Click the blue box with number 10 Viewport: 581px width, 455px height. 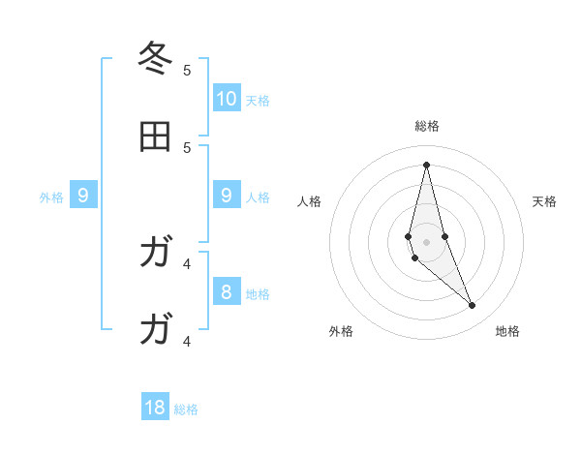tap(227, 99)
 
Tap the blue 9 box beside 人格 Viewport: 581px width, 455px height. tap(227, 196)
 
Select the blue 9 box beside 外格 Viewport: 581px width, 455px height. tap(83, 196)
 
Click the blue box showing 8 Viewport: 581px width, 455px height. tap(227, 292)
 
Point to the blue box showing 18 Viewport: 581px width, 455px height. tap(155, 408)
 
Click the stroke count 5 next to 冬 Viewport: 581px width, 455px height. tap(187, 70)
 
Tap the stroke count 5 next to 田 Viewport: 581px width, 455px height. tap(187, 147)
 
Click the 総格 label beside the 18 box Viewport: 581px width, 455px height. tap(186, 409)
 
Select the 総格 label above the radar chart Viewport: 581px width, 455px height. tap(426, 126)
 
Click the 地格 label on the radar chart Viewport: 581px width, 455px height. tap(507, 331)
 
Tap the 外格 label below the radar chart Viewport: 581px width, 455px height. tap(341, 331)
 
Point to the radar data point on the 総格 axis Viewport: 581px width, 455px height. tap(426, 164)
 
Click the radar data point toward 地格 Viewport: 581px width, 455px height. tap(473, 306)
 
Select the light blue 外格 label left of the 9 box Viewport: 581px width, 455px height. tap(51, 197)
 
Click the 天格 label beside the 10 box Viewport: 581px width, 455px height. tap(258, 101)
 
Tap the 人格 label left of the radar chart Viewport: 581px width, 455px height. tap(310, 201)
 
